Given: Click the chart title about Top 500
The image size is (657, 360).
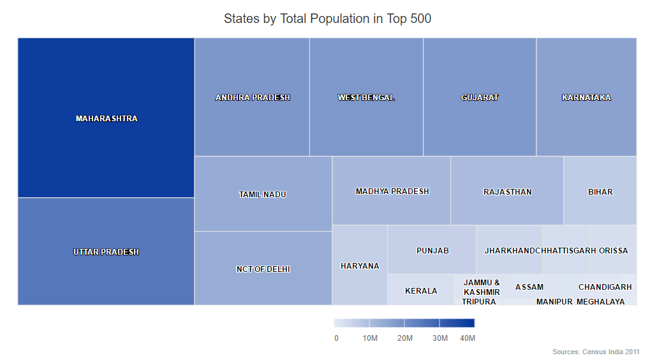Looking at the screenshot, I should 327,19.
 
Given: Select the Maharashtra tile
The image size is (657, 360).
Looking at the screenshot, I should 106,118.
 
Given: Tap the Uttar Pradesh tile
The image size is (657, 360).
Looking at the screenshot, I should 106,251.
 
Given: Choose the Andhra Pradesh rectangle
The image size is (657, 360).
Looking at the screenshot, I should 253,98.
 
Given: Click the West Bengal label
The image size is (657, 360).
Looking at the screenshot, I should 366,98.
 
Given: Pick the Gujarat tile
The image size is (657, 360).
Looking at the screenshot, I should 480,98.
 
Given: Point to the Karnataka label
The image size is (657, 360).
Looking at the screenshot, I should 586,98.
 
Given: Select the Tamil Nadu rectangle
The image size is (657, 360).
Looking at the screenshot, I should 263,195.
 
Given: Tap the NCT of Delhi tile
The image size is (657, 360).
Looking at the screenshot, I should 263,269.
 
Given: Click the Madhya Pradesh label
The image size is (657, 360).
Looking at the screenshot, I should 392,191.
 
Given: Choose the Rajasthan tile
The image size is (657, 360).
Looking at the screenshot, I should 507,192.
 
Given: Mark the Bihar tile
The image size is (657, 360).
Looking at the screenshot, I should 600,191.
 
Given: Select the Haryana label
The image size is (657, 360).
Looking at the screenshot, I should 360,266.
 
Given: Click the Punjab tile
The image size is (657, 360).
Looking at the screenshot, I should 432,250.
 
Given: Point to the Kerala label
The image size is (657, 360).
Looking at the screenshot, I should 421,291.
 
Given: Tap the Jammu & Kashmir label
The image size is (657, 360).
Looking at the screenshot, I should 482,287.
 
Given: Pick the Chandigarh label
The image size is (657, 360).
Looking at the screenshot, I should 605,287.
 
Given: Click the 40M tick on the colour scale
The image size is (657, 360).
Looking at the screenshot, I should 468,338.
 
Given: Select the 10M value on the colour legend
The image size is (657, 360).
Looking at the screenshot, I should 370,338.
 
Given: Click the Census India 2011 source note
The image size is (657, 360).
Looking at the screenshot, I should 596,352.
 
